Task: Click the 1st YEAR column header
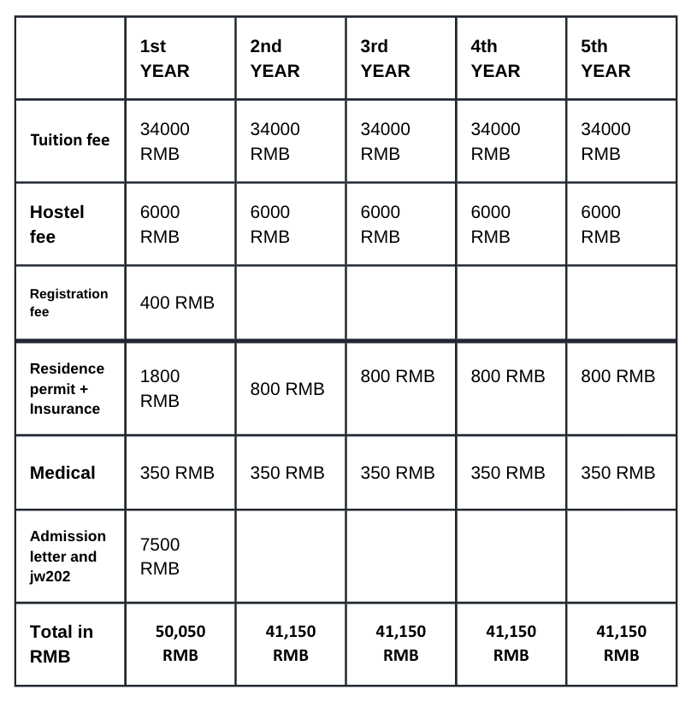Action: [165, 58]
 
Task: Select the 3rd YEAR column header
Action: [386, 58]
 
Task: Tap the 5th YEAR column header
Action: [605, 58]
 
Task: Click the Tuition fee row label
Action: [70, 140]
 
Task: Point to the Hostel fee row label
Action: [57, 224]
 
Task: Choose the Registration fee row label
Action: [69, 303]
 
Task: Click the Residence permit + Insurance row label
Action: [68, 388]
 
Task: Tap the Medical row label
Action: [62, 473]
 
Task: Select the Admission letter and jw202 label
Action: [68, 556]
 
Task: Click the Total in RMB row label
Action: [62, 644]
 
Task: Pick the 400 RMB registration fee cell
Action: [177, 303]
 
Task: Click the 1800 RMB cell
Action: [160, 388]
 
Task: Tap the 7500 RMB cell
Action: [160, 556]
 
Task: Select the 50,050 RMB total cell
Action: [180, 643]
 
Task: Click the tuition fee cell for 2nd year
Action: [275, 141]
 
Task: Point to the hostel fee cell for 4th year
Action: [495, 224]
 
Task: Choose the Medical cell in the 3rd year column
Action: [398, 473]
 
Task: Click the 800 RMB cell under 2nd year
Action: [287, 389]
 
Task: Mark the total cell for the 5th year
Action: [621, 643]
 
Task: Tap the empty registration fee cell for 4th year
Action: [511, 303]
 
